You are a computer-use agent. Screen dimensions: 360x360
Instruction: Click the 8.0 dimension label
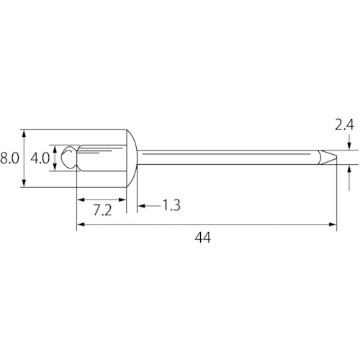click(x=9, y=158)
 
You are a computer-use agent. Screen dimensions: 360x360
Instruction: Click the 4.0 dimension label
click(x=40, y=158)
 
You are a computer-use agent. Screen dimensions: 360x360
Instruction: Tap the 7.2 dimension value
click(x=102, y=210)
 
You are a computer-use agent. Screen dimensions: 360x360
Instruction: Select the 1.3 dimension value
click(x=171, y=205)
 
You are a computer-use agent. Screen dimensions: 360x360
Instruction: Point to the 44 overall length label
click(x=203, y=238)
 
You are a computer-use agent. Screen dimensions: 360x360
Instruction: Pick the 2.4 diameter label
click(x=344, y=125)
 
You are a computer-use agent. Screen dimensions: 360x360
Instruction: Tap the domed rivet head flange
click(x=132, y=158)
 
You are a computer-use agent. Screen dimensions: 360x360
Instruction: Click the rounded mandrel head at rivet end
click(x=69, y=158)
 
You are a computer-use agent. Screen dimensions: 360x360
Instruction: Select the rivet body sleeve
click(x=102, y=158)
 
